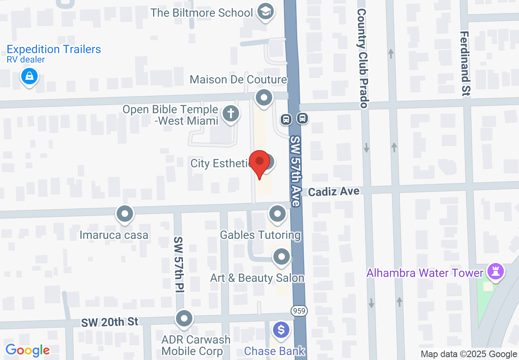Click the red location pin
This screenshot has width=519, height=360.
[x=259, y=162]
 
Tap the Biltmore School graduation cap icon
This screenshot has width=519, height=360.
[x=265, y=12]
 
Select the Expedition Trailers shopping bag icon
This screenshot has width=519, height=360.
[x=29, y=76]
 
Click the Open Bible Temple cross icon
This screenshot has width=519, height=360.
[x=231, y=113]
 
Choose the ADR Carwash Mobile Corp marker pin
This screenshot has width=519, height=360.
[x=184, y=318]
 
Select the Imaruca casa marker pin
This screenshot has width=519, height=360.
[x=125, y=213]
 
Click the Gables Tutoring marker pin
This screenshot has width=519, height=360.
[x=278, y=213]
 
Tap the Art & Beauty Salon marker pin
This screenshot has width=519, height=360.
[x=281, y=256]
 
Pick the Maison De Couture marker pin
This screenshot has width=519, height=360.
[x=264, y=98]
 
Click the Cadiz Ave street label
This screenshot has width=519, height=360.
[x=334, y=191]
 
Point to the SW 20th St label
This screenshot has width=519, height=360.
[x=109, y=322]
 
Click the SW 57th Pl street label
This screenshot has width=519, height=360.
[x=178, y=264]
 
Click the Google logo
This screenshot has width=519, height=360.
[x=27, y=350]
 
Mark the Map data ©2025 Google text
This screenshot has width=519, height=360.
[x=469, y=354]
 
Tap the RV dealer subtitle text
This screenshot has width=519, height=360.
[x=26, y=60]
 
